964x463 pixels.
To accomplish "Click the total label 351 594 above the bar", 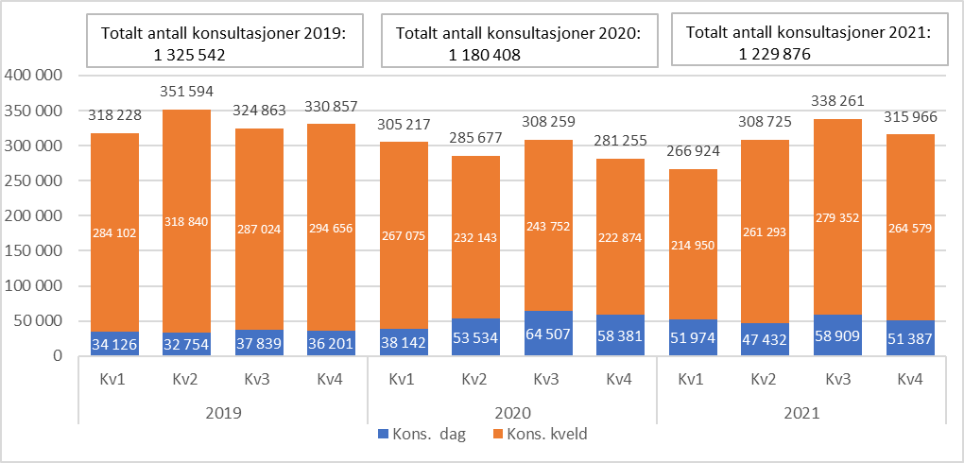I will coord(187,93).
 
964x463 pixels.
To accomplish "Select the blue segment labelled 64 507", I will coord(548,334).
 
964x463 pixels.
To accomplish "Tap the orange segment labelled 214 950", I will coord(694,246).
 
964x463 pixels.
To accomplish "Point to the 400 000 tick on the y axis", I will coord(33,76).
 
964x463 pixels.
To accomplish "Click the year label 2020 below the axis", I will coord(511,413).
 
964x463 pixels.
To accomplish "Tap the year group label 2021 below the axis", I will coord(801,413).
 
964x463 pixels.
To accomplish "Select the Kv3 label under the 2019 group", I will coord(259,379).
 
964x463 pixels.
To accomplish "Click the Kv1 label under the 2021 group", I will coord(694,379).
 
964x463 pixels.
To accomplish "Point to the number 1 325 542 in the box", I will coord(189,55).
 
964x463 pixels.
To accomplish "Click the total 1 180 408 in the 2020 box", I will coord(485,55).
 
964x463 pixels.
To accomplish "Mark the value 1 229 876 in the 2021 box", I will coord(775,55).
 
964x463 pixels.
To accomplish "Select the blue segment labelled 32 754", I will coord(187,344).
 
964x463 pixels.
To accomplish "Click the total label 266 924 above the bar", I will coord(694,152).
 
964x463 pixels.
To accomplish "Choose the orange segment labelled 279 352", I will coord(838,217).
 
